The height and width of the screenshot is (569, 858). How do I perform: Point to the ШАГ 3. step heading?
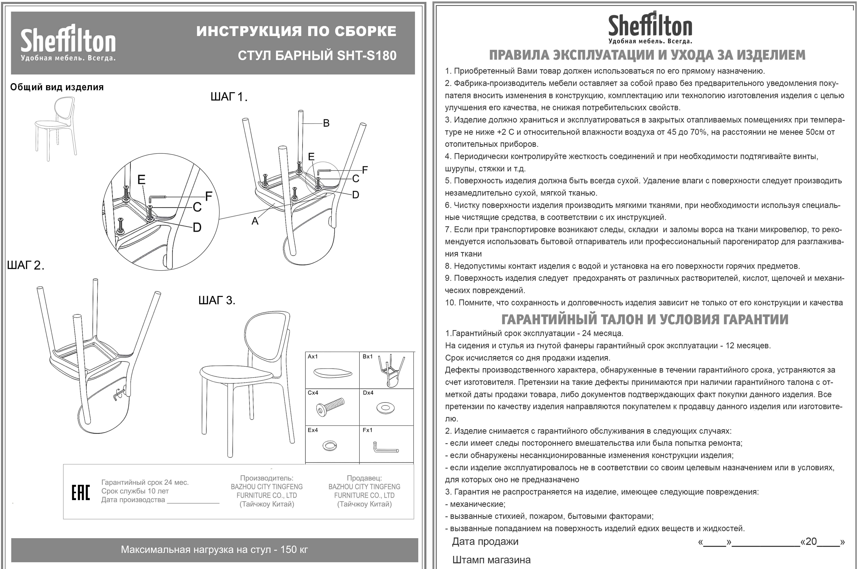tap(217, 300)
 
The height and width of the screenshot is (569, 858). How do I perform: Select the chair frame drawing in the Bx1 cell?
tap(390, 370)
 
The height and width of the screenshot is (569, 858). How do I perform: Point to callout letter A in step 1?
tap(255, 221)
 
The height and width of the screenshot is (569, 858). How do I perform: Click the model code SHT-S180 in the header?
tap(367, 56)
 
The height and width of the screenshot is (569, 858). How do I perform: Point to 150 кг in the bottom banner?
tap(294, 549)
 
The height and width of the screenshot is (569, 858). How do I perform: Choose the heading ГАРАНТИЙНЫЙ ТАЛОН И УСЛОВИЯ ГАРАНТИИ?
tap(645, 319)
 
